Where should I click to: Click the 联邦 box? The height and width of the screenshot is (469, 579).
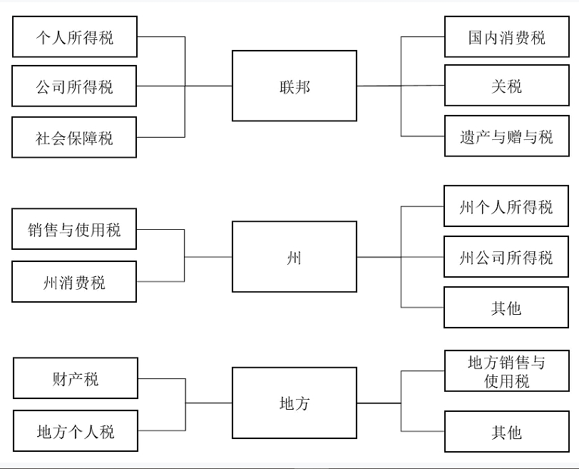[x=294, y=86]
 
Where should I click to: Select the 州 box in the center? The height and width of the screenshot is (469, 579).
[x=294, y=256]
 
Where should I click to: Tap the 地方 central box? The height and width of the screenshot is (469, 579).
[x=294, y=403]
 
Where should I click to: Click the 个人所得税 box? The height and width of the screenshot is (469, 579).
[x=74, y=37]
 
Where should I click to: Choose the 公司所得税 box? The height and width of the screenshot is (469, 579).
[x=74, y=86]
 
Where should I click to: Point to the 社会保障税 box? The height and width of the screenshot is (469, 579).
[x=74, y=137]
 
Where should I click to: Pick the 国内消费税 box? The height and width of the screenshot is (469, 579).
[x=506, y=37]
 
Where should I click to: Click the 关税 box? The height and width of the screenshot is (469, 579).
[x=506, y=86]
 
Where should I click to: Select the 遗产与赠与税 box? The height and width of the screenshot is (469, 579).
[x=506, y=136]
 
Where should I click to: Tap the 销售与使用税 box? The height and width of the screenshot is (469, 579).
[x=74, y=229]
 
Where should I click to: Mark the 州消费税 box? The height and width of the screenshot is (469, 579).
[x=74, y=281]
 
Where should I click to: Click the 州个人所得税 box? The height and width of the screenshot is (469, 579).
[x=506, y=206]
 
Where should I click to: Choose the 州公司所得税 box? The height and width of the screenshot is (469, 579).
[x=506, y=257]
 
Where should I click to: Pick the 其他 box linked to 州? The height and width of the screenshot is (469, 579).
[x=506, y=308]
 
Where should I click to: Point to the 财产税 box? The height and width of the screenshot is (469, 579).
[x=75, y=378]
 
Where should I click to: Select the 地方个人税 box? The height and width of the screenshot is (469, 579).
[x=75, y=430]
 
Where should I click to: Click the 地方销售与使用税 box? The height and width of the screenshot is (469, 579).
[x=506, y=371]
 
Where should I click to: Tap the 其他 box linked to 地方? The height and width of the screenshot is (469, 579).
[x=506, y=431]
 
